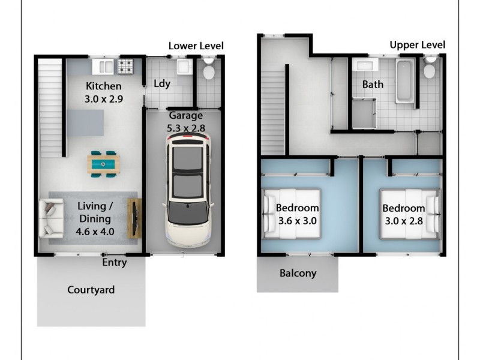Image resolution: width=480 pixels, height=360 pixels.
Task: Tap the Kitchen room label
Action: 103,86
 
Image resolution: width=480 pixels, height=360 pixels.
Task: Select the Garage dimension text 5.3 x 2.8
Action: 185,128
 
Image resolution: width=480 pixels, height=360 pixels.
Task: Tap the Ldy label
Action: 162,84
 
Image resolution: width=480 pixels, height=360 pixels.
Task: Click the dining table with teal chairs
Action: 104,163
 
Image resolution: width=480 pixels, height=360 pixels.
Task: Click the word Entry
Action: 114,262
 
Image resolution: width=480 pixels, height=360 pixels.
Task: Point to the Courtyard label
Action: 91,290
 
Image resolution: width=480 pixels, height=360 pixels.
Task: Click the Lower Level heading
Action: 196,46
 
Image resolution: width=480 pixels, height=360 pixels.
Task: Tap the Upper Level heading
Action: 417,44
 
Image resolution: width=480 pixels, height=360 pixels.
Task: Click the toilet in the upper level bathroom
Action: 429,70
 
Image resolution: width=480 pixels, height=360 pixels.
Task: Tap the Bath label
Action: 373,85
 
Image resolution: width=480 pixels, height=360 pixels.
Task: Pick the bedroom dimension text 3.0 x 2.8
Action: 403,220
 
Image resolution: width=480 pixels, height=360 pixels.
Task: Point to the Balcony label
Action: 298,274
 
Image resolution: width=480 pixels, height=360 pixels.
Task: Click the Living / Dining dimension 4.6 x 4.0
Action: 95,230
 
